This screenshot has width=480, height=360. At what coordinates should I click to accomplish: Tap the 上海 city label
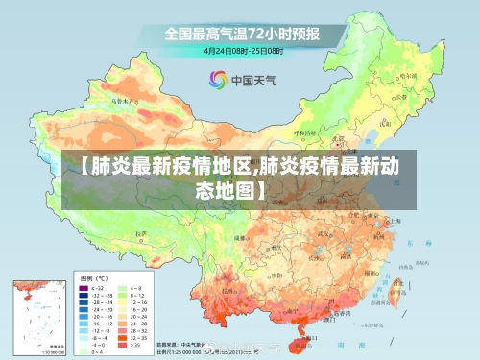coord(393,220)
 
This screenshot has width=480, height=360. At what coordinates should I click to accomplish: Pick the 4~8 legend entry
coord(133,287)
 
